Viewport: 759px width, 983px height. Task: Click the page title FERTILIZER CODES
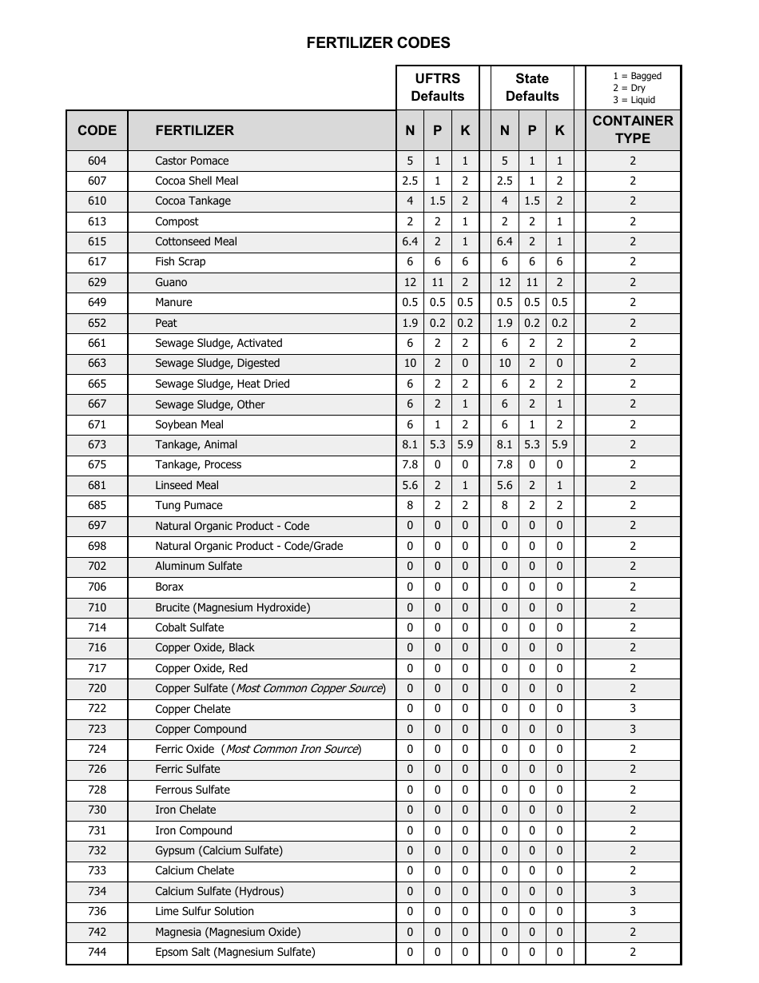378,43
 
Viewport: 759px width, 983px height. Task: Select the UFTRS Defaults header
437,87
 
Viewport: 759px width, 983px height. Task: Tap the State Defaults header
532,87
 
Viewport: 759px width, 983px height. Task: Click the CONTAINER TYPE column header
633,129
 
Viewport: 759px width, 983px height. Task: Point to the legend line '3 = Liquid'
634,100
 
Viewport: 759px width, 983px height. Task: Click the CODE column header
97,130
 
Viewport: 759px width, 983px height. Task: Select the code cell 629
97,282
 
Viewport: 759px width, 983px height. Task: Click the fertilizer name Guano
171,282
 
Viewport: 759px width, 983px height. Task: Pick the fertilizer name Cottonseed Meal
196,241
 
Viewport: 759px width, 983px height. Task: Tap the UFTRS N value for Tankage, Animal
410,444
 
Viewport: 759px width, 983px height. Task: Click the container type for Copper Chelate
633,709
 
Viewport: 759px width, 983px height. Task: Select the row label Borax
169,587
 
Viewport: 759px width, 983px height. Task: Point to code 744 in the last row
97,952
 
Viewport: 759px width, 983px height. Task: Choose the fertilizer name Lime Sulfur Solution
205,911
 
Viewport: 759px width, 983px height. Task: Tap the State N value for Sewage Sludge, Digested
504,363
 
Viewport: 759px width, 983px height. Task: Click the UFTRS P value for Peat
437,323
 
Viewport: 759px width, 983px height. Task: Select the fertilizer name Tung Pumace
189,505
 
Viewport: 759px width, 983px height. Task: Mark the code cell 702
97,566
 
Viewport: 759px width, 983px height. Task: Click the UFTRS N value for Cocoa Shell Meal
410,181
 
